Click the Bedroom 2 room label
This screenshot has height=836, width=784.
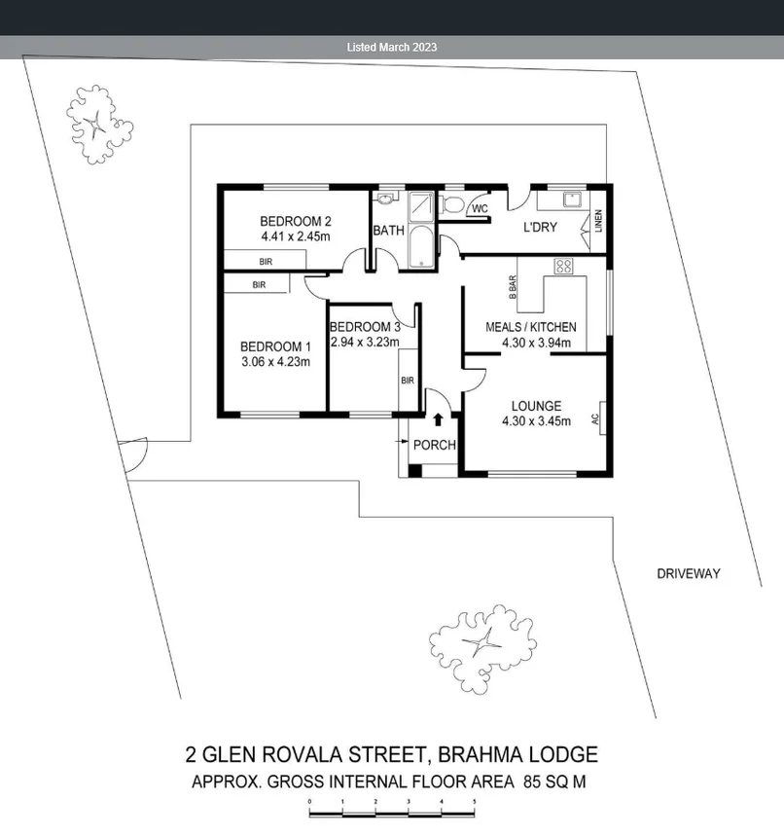pyautogui.click(x=296, y=220)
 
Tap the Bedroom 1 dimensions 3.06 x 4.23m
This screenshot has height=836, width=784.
pyautogui.click(x=275, y=362)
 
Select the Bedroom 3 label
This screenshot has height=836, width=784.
pyautogui.click(x=365, y=327)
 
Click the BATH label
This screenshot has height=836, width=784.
pyautogui.click(x=388, y=231)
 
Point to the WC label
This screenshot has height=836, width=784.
pyautogui.click(x=479, y=208)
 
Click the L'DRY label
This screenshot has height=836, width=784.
pyautogui.click(x=540, y=228)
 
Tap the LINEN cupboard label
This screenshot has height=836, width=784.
pyautogui.click(x=598, y=221)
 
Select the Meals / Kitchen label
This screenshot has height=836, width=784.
pyautogui.click(x=530, y=327)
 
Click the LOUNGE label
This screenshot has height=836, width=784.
pyautogui.click(x=536, y=406)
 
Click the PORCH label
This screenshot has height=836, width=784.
pyautogui.click(x=434, y=445)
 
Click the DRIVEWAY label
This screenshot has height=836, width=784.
pyautogui.click(x=688, y=574)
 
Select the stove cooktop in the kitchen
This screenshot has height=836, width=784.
pyautogui.click(x=563, y=265)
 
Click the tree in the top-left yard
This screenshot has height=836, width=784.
pyautogui.click(x=96, y=124)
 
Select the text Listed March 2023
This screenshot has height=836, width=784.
pyautogui.click(x=392, y=47)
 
